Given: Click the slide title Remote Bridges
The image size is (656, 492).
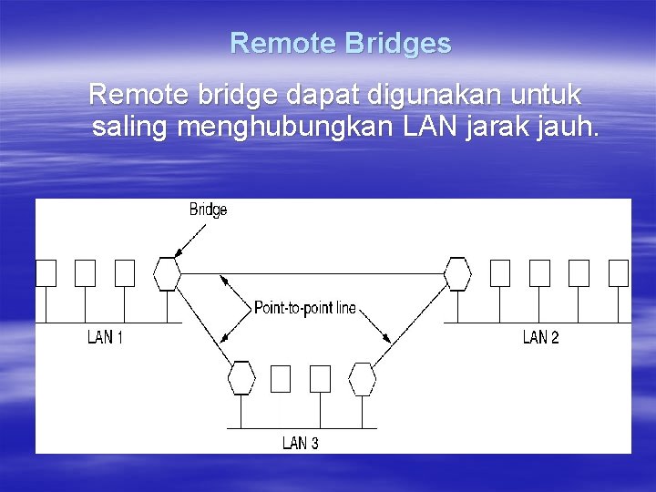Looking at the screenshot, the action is point(340,43).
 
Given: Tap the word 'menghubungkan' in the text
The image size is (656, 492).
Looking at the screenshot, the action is point(287,128).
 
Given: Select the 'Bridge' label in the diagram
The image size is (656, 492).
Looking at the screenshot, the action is point(208,210).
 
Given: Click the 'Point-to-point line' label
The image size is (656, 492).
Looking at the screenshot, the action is point(305,308).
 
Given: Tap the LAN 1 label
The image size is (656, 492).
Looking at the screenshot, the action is point(105,337).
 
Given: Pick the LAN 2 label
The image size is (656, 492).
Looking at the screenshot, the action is point(540,337).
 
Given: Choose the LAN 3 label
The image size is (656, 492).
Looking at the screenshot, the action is point(300,443).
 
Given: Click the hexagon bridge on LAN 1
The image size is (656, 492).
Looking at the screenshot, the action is point(167,273).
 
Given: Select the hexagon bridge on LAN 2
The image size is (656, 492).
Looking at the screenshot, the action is point(457,273).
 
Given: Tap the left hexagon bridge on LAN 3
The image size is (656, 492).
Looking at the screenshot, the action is point(241,377).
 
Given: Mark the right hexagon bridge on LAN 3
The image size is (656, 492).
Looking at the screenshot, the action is point(363,377).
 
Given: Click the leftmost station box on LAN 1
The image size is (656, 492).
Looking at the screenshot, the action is point(46,272).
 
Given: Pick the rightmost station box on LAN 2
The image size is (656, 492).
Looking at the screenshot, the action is point(619,272).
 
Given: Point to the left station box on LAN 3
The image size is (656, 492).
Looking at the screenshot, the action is point(281,378).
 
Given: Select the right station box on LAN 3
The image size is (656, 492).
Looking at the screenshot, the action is point(320,378).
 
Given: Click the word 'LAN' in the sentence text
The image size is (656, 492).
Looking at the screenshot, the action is point(427,128).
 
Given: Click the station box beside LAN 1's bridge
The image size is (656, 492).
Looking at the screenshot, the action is point(125,272).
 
